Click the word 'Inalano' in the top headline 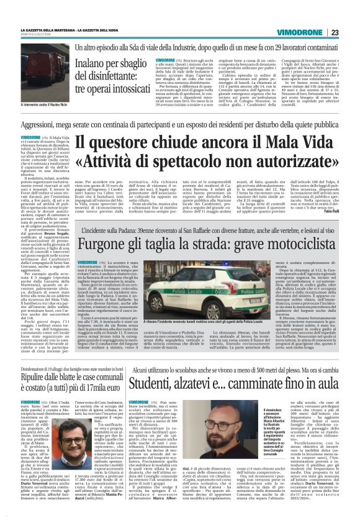point(94,63)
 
